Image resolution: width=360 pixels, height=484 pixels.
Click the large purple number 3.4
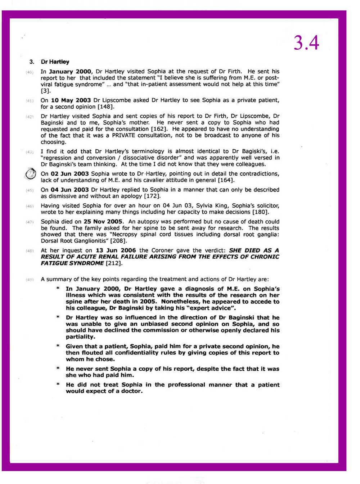tap(306, 43)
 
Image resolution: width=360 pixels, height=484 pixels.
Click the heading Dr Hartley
tap(55, 62)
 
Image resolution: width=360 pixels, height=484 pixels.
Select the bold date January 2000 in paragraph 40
tap(70, 72)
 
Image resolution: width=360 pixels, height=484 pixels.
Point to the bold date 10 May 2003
tap(71, 100)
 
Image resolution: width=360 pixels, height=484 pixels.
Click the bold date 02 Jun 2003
tap(70, 174)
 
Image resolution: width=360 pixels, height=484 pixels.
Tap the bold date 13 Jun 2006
tap(116, 250)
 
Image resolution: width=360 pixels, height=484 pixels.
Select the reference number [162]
tap(159, 129)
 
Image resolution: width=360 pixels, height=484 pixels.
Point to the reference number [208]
tap(118, 241)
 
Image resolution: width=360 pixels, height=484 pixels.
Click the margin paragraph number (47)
tap(30, 222)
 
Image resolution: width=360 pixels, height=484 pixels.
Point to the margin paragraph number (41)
tap(30, 100)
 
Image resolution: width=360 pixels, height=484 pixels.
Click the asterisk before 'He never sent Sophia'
tap(58, 369)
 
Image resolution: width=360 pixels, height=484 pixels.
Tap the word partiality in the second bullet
tap(80, 337)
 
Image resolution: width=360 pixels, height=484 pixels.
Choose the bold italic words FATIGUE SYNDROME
tap(72, 263)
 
